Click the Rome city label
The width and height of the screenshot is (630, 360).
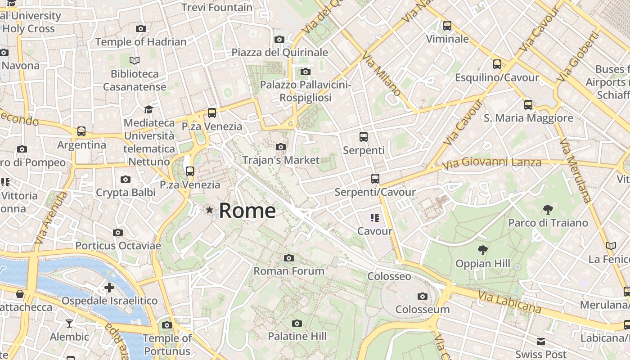247,211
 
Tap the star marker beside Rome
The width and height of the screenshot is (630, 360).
209,210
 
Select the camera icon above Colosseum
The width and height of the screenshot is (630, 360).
422,296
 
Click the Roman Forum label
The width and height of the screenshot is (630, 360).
289,271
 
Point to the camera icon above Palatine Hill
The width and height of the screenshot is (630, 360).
297,323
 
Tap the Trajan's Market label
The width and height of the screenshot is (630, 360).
281,160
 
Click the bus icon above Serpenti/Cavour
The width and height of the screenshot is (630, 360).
375,179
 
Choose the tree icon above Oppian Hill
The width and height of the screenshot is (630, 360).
483,250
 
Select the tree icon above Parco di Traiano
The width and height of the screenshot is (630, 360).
548,209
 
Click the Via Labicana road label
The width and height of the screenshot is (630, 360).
509,302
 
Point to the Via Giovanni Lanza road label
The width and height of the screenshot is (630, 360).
491,162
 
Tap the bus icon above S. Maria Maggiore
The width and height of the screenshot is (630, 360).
528,105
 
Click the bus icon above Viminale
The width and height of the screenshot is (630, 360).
447,26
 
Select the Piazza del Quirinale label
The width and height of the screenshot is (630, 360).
280,52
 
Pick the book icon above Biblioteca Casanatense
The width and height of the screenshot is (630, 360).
135,60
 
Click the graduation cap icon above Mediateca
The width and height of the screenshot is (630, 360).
148,109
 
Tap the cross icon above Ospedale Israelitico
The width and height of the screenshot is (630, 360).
109,288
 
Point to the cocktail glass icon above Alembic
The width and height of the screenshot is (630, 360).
69,323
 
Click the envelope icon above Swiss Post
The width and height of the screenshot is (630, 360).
540,341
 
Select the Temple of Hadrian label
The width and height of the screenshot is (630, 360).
141,42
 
